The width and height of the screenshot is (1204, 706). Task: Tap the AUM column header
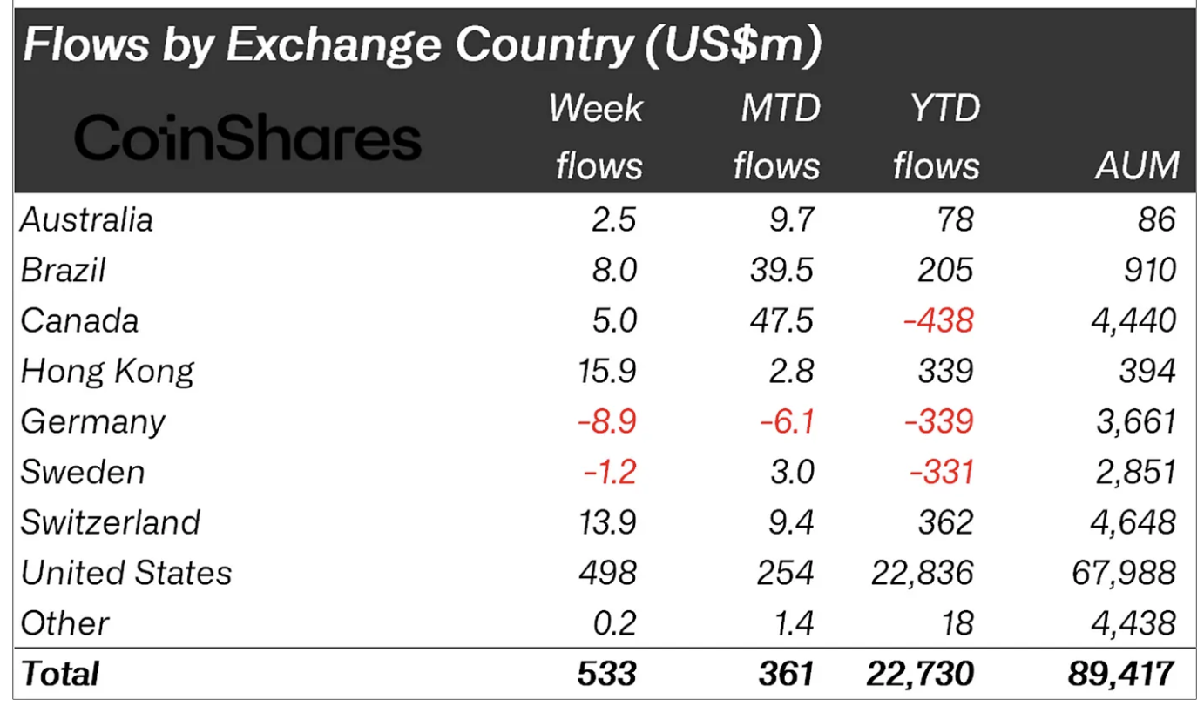coord(1137,165)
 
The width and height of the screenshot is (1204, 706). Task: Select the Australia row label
coord(87,219)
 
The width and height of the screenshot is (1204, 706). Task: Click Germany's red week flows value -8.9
coord(606,421)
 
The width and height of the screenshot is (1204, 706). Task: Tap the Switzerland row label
coord(111,522)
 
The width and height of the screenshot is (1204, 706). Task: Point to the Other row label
coord(64,623)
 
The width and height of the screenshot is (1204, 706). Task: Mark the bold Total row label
coord(60,674)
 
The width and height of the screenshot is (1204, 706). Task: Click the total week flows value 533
coord(606,674)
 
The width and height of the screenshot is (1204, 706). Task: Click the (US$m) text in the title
coord(734,45)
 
